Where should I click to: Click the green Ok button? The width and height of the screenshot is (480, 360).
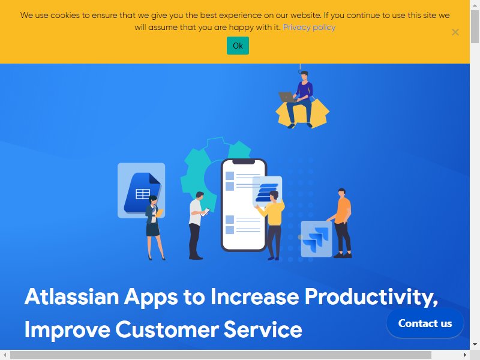point(238,46)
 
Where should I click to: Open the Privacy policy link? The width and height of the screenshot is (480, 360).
point(309,27)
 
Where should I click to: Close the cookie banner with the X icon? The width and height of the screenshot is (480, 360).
point(455,32)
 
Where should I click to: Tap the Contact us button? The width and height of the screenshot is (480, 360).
point(425,323)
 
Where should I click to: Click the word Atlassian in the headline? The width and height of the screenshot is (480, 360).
point(71,296)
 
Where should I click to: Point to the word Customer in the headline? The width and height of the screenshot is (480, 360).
point(167,329)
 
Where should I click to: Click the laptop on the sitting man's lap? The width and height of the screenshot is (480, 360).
point(286,97)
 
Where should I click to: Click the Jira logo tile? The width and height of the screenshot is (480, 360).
point(317,239)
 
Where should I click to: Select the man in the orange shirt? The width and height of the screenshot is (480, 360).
point(341,223)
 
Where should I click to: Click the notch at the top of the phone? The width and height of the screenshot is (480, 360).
point(244,162)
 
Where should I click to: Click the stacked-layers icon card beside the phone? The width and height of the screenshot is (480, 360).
point(267,190)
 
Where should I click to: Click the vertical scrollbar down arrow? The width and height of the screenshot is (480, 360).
point(475,344)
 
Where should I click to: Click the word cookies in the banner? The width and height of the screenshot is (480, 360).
point(65,16)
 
